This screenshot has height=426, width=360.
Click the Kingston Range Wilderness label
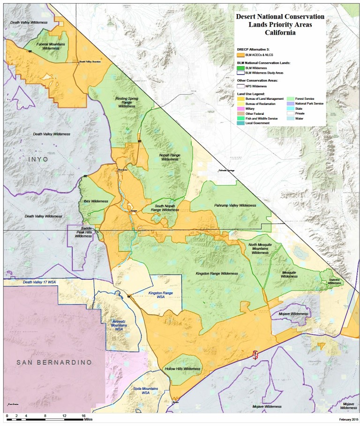click(217, 273)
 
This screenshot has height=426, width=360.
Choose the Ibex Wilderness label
click(96, 201)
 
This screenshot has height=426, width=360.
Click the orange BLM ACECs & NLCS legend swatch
click(240, 55)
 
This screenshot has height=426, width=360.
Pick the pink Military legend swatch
click(240, 108)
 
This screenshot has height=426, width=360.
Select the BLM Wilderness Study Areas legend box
click(240, 73)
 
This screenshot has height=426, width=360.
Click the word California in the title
click(280, 33)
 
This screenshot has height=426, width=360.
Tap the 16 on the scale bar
click(83, 416)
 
